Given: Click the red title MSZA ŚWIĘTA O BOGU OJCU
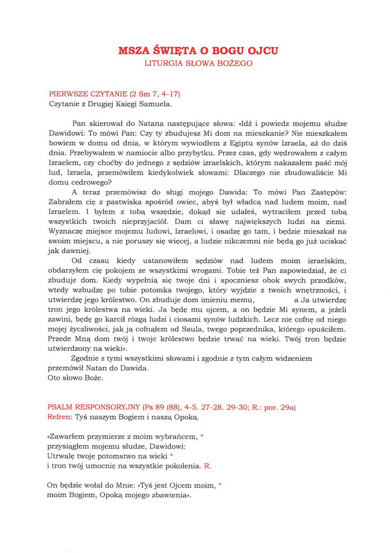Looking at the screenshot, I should [x=198, y=51].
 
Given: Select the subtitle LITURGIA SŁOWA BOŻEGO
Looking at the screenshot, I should [x=198, y=63].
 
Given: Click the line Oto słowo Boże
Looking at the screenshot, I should [x=73, y=377].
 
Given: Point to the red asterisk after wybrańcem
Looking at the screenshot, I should [x=201, y=435].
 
